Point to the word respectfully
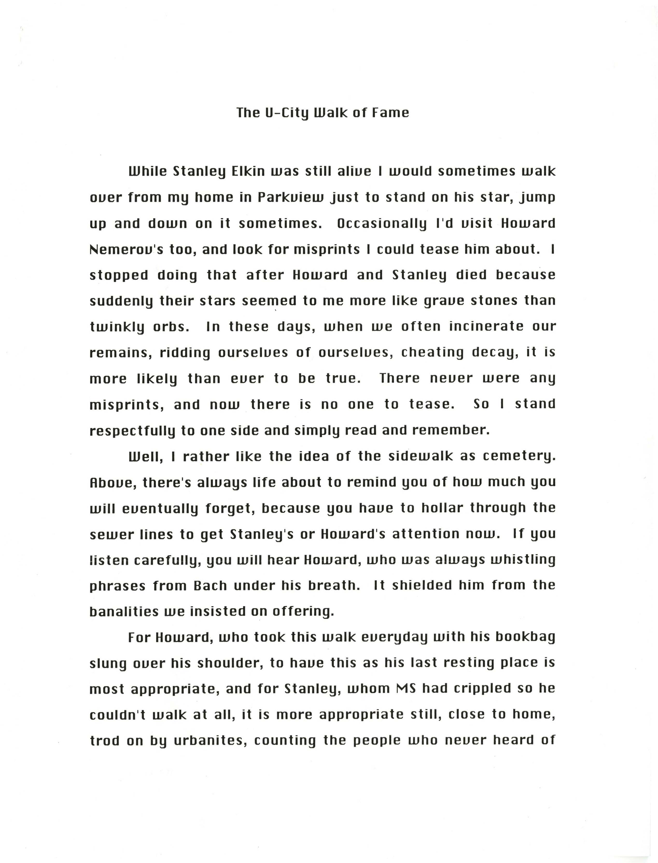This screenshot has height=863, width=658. pyautogui.click(x=132, y=430)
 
